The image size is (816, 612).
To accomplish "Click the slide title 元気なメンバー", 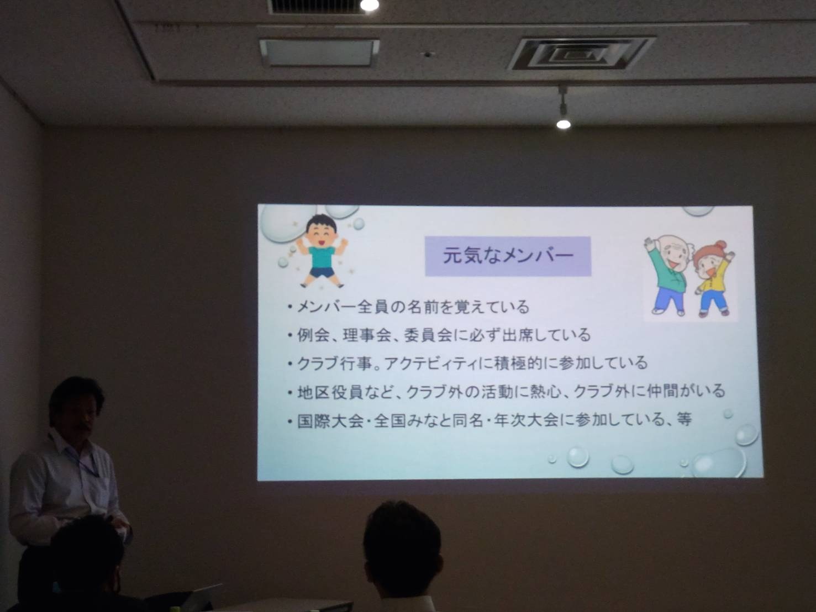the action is click(508, 256).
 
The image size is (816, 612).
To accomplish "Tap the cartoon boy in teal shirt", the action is click(322, 251).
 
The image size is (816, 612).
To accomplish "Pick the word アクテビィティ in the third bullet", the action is click(430, 363).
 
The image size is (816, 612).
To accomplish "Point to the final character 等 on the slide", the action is click(683, 420).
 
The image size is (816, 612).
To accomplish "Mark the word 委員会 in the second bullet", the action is click(428, 335).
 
